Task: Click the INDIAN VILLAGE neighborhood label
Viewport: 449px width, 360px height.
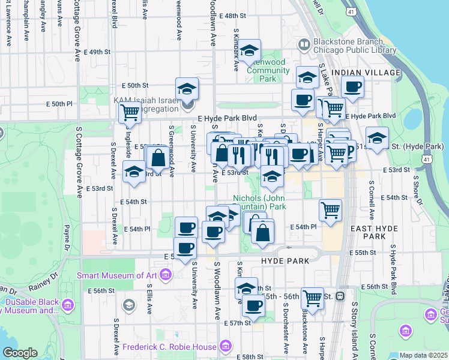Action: click(366, 73)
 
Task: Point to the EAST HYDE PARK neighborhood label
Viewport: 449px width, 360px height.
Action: click(376, 232)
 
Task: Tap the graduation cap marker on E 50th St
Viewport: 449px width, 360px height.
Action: click(187, 89)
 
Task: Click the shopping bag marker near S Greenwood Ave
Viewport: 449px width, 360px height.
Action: click(158, 158)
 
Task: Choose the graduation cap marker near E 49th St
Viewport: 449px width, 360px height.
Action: click(249, 52)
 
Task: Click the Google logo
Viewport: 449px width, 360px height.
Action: click(20, 353)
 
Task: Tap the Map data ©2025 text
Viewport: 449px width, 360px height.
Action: click(423, 355)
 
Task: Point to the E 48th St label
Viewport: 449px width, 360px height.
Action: click(233, 16)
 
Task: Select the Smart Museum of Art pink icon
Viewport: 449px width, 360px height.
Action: click(166, 275)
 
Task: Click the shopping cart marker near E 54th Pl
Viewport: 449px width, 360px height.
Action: click(330, 210)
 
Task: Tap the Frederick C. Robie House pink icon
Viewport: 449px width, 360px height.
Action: click(224, 346)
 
